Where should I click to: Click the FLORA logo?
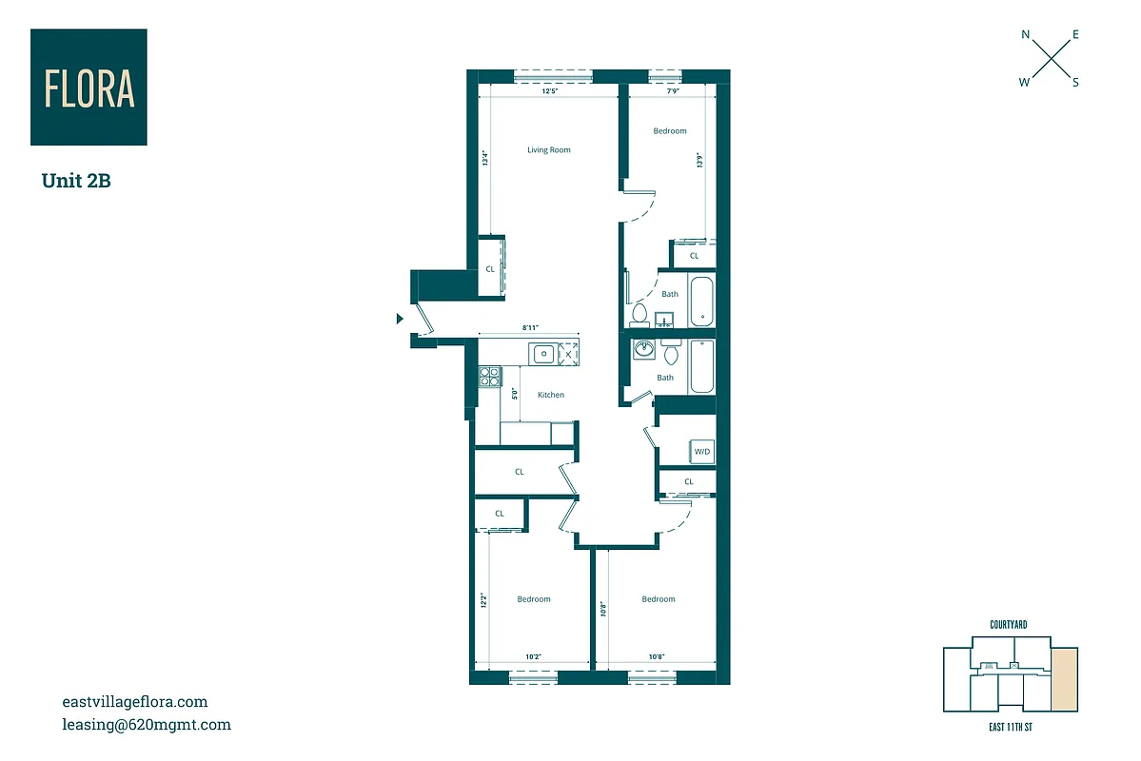tap(89, 87)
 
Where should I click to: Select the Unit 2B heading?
tap(76, 181)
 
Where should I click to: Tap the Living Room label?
tap(549, 150)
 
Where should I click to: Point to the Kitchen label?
tap(550, 395)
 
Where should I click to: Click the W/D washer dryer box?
tap(702, 451)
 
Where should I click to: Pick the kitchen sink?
tap(543, 354)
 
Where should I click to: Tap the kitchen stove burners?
tap(488, 377)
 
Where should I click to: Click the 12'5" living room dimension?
tap(549, 92)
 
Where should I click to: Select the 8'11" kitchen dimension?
tap(531, 327)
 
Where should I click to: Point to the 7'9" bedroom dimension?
tap(672, 92)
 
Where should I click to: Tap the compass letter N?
tap(1026, 35)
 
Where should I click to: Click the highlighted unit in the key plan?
tap(1065, 679)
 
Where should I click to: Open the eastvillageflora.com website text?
tap(134, 702)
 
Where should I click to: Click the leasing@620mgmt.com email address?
tap(146, 725)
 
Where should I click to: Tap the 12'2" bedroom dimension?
tap(483, 601)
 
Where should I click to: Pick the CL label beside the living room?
tap(490, 269)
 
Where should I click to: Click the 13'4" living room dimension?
tap(484, 160)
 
